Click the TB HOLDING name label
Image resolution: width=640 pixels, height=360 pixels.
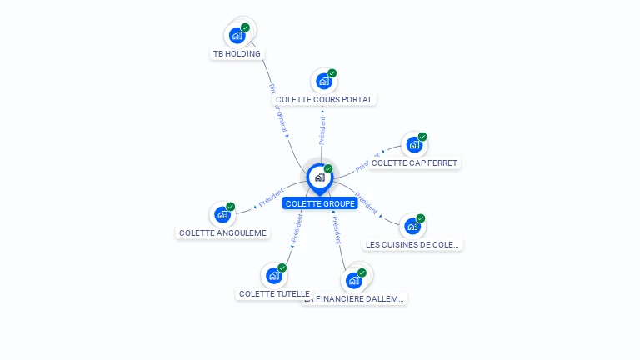point(237,54)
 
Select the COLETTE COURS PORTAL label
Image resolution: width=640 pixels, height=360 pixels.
point(324,100)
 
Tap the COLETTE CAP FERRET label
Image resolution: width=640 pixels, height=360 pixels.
point(414,163)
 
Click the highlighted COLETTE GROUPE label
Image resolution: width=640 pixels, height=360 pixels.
point(320,204)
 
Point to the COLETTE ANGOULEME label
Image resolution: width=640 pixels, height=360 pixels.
point(223,233)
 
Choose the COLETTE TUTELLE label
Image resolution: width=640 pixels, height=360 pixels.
point(274,294)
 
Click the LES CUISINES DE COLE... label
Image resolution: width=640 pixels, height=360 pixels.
point(412,245)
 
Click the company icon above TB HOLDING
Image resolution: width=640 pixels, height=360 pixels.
point(237,36)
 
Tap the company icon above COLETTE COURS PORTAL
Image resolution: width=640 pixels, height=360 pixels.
point(323,82)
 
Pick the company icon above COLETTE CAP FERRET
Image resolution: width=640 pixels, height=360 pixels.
point(413,145)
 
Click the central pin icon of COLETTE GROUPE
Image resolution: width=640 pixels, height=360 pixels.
point(319,177)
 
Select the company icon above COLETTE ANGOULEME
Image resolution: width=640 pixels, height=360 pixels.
point(222,215)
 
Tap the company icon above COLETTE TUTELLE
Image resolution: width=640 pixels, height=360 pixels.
point(273,276)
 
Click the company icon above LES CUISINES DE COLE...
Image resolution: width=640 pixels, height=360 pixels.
point(412,227)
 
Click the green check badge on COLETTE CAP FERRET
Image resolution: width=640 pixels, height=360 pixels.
point(422,137)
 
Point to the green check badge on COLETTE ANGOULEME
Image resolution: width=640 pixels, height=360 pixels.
point(231,207)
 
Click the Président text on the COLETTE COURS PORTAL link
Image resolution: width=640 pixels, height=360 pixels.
point(322,130)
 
